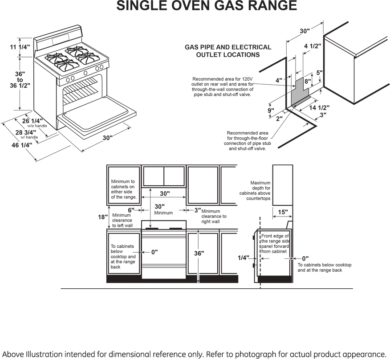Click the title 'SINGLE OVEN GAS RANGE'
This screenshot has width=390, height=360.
[207, 6]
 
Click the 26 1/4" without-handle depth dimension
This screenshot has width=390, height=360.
[32, 121]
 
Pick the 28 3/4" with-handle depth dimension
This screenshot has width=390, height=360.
[25, 132]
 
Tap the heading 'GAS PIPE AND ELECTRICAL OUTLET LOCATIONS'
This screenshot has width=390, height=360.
[228, 51]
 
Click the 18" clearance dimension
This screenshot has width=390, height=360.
[103, 217]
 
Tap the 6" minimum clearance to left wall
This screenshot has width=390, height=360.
[131, 210]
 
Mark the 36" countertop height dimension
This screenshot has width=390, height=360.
[199, 253]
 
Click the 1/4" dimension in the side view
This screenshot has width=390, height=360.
[243, 258]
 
